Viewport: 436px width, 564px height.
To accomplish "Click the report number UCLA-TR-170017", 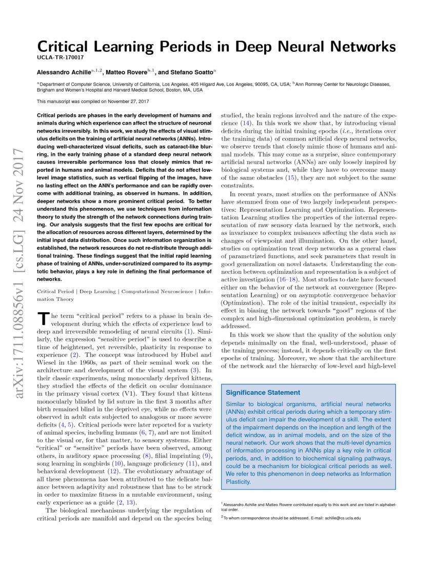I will (61, 58).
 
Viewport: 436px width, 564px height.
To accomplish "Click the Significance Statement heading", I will (263, 393).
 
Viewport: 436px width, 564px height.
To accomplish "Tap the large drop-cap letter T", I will (43, 319).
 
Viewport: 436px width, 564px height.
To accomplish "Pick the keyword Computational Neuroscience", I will (158, 291).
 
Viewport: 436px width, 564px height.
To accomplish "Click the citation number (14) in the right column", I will (247, 124).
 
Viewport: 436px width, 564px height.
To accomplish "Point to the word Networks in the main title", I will (362, 47).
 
